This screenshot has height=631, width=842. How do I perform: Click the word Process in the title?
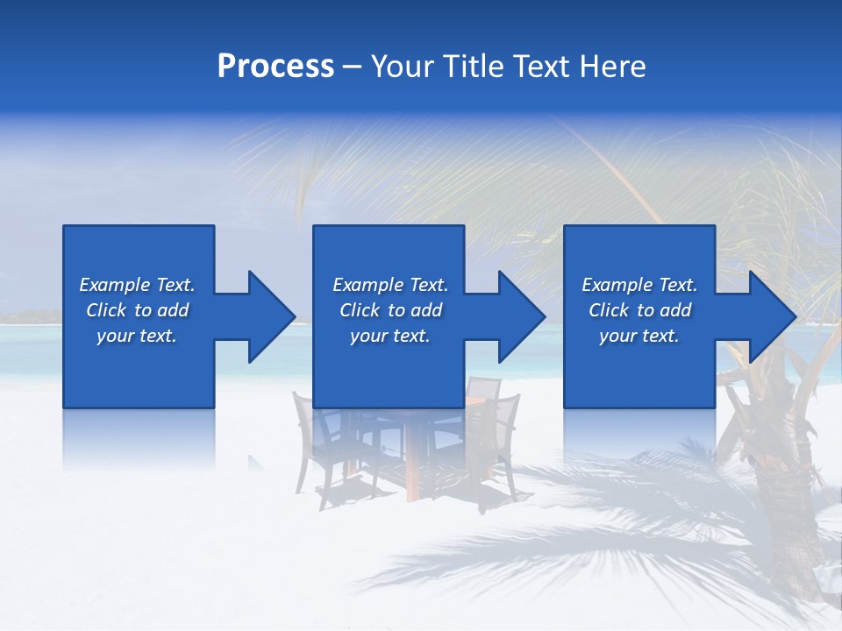(275, 67)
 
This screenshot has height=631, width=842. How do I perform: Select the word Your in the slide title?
(402, 67)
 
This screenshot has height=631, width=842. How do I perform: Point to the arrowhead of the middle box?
(520, 316)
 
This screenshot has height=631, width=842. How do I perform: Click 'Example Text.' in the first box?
(137, 285)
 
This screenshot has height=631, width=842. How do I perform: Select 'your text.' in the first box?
(137, 336)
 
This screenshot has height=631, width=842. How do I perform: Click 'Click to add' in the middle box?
(390, 310)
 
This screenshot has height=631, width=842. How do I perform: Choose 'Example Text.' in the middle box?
(390, 285)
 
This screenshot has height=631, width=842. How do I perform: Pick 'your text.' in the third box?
(639, 336)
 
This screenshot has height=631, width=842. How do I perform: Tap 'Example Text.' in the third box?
(639, 285)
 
